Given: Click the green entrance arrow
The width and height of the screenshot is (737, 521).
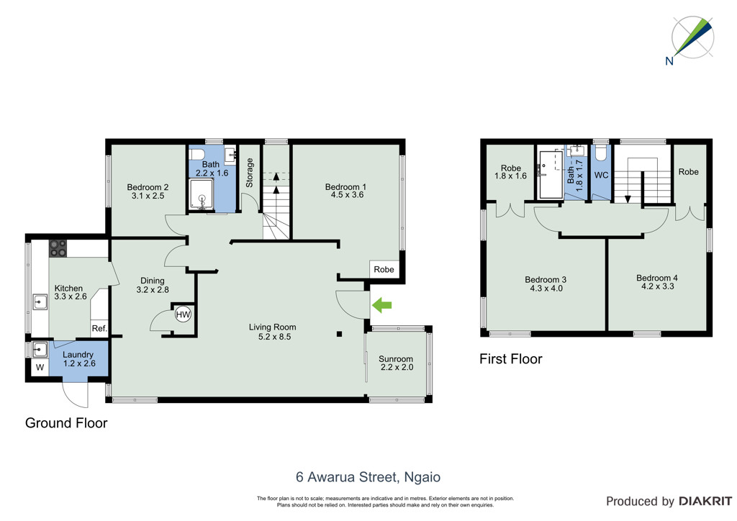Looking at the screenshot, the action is coord(381,305).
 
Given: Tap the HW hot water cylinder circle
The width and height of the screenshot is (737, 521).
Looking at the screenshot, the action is coord(183,314).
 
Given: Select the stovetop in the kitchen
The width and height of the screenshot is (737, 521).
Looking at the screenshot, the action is coord(58,248).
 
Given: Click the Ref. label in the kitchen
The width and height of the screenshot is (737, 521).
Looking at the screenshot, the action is coord(99,328).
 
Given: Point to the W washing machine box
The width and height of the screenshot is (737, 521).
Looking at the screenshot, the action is coord(40,368).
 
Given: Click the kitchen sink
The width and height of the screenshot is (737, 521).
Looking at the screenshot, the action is coord(40,302).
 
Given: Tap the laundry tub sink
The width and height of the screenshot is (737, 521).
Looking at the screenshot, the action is coord(40,350).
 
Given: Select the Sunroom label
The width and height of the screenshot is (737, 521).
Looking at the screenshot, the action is coord(396,359).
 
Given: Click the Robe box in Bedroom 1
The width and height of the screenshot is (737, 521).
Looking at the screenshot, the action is coord(384,269).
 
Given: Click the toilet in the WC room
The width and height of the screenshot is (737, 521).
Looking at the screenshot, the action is coord(601,153).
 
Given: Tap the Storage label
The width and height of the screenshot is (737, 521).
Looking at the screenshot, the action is coord(250,173).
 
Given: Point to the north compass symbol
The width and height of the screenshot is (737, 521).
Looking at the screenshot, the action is coord(693,37).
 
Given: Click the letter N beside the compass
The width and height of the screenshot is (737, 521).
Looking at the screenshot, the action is coord(669,60).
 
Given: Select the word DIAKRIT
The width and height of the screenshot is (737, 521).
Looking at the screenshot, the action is coord(705,502).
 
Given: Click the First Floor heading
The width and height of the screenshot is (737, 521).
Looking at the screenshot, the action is coord(511,359).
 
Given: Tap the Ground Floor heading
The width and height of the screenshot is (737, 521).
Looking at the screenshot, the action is coord(66,423).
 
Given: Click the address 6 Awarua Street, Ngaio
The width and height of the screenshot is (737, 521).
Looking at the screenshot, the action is coord(368,477).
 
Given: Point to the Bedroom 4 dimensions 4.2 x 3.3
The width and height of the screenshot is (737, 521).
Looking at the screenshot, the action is coord(658,286).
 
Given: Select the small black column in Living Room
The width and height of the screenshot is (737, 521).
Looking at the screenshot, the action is coord(340,334).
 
